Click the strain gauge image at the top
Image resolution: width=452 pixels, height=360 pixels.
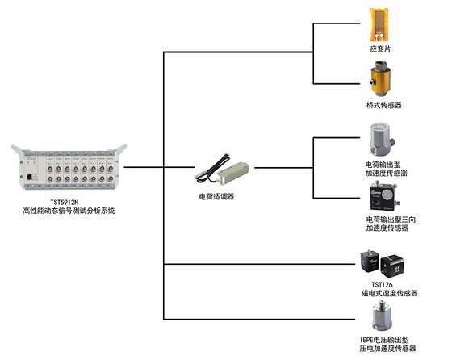pyautogui.click(x=379, y=25)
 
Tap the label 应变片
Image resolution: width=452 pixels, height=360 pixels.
pyautogui.click(x=380, y=48)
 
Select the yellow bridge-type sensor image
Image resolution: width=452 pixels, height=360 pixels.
pyautogui.click(x=380, y=78)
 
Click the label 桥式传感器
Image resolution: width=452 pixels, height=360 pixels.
pyautogui.click(x=384, y=105)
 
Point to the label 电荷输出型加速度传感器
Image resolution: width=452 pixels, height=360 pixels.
pyautogui.click(x=387, y=169)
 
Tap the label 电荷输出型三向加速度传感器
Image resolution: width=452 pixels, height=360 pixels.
pyautogui.click(x=391, y=224)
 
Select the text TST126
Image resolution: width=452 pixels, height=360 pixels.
pyautogui.click(x=382, y=284)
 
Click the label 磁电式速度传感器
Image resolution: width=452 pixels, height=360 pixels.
pyautogui.click(x=389, y=293)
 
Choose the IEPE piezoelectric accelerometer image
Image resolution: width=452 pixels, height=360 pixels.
pyautogui.click(x=383, y=316)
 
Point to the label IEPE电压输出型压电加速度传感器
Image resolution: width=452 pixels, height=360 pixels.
pyautogui.click(x=387, y=344)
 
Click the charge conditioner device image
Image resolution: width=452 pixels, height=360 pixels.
pyautogui.click(x=222, y=169)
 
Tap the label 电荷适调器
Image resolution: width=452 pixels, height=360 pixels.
pyautogui.click(x=216, y=197)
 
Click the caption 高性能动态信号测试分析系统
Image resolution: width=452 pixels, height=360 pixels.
pyautogui.click(x=69, y=211)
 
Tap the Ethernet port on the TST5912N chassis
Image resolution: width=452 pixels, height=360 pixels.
pyautogui.click(x=29, y=177)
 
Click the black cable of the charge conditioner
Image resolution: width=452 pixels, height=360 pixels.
pyautogui.click(x=213, y=168)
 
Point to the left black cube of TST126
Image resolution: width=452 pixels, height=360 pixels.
pyautogui.click(x=370, y=262)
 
